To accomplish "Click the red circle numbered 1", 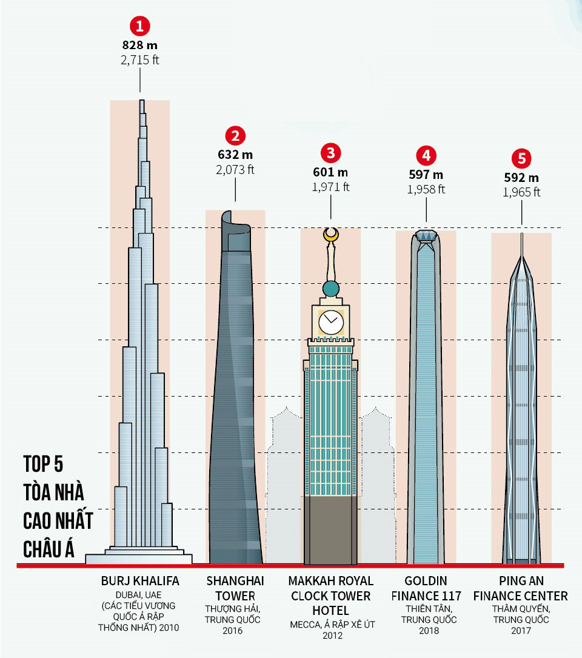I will pyautogui.click(x=140, y=26).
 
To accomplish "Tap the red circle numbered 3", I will pyautogui.click(x=330, y=152).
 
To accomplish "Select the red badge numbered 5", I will pyautogui.click(x=521, y=158).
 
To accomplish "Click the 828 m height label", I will pyautogui.click(x=140, y=46).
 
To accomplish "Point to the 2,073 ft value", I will pyautogui.click(x=235, y=170).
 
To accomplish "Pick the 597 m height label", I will pyautogui.click(x=426, y=175).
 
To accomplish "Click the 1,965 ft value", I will pyautogui.click(x=521, y=192).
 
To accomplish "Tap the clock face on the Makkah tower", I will pyautogui.click(x=331, y=321).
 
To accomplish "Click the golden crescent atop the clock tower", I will pyautogui.click(x=330, y=235).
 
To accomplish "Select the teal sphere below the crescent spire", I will pyautogui.click(x=330, y=288).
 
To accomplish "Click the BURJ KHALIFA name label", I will pyautogui.click(x=140, y=582).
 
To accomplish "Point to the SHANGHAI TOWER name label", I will pyautogui.click(x=235, y=588).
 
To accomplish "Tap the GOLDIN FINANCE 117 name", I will pyautogui.click(x=426, y=588).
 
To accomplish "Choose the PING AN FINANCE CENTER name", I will pyautogui.click(x=521, y=588).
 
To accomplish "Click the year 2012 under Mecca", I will pyautogui.click(x=331, y=636).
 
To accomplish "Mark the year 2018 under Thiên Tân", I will pyautogui.click(x=426, y=631).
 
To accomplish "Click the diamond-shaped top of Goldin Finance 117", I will pyautogui.click(x=426, y=236).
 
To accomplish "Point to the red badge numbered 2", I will pyautogui.click(x=235, y=135).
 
